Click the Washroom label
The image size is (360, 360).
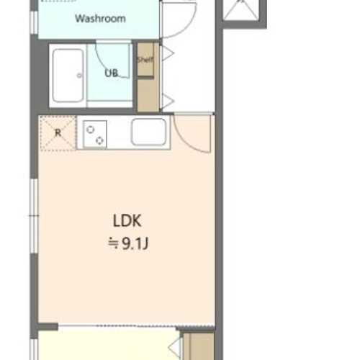[100, 19]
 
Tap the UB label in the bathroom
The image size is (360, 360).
[112, 73]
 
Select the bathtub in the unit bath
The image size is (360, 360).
[68, 76]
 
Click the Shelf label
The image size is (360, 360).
[145, 60]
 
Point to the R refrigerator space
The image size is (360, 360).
[58, 133]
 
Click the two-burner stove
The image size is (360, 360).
[95, 134]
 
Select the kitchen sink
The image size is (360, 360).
[149, 132]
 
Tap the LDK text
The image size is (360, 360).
[127, 221]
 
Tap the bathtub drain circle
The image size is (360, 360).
[79, 76]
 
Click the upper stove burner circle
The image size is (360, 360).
[90, 130]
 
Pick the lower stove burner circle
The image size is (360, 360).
[100, 140]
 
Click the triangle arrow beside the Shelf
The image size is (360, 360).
[168, 53]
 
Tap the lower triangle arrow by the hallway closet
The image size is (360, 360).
[168, 101]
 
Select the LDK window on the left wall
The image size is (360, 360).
[34, 216]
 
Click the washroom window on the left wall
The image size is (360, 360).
[34, 22]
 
